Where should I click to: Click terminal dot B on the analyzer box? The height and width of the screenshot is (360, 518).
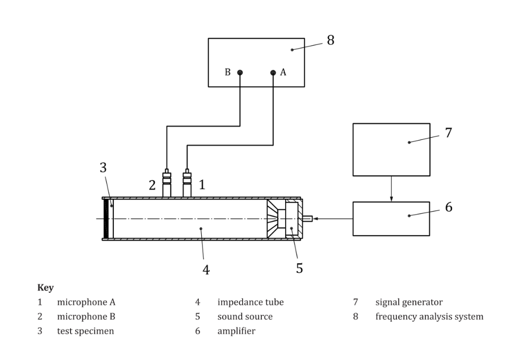(240, 73)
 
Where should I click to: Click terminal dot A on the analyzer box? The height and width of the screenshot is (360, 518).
(273, 73)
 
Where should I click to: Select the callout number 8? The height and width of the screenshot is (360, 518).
(331, 40)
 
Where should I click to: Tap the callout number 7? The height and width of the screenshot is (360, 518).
(448, 132)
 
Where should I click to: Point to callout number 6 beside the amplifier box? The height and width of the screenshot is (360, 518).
(448, 207)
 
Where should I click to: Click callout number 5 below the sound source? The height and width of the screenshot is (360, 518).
(299, 268)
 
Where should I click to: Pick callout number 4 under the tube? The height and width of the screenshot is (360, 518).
(206, 270)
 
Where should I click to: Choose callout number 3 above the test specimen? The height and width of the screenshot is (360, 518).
(103, 167)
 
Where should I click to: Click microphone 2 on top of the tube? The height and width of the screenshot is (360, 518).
(167, 183)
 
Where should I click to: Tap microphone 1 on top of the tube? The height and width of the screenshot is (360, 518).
(187, 183)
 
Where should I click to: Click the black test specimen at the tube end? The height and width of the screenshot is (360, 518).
(106, 218)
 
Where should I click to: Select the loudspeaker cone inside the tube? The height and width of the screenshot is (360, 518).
(273, 218)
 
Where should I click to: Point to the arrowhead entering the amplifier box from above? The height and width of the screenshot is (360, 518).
(392, 199)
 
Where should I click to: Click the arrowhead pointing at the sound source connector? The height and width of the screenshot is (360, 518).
(315, 218)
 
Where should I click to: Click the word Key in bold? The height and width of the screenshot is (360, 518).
(45, 287)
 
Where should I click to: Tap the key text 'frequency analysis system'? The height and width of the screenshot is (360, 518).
(429, 317)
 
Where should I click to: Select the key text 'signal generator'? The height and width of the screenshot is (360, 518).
(409, 302)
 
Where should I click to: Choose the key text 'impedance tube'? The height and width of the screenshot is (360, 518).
(251, 302)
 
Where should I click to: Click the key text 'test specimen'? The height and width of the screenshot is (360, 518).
(85, 331)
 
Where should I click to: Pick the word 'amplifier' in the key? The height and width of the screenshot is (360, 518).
(236, 331)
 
